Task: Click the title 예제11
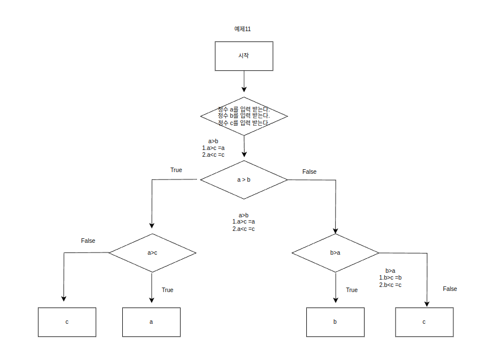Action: tap(242, 29)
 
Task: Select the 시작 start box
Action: tap(244, 56)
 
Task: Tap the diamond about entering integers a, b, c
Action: tap(244, 115)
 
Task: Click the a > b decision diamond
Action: tap(244, 179)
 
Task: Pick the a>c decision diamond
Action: tap(152, 252)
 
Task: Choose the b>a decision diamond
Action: tap(335, 252)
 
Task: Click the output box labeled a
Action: tap(151, 322)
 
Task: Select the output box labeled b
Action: tap(335, 322)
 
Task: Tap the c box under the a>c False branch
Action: tap(67, 322)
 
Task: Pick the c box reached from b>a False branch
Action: tap(424, 322)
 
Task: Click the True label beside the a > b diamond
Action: tap(176, 170)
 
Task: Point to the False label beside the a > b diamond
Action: tap(310, 172)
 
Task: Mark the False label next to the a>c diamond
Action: tap(88, 241)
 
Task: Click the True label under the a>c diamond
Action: tap(168, 290)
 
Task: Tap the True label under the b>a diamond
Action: tap(352, 290)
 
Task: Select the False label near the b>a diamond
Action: tap(449, 289)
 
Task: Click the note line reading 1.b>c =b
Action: tap(390, 278)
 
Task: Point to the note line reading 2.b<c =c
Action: tap(390, 285)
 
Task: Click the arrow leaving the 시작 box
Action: tap(244, 80)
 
